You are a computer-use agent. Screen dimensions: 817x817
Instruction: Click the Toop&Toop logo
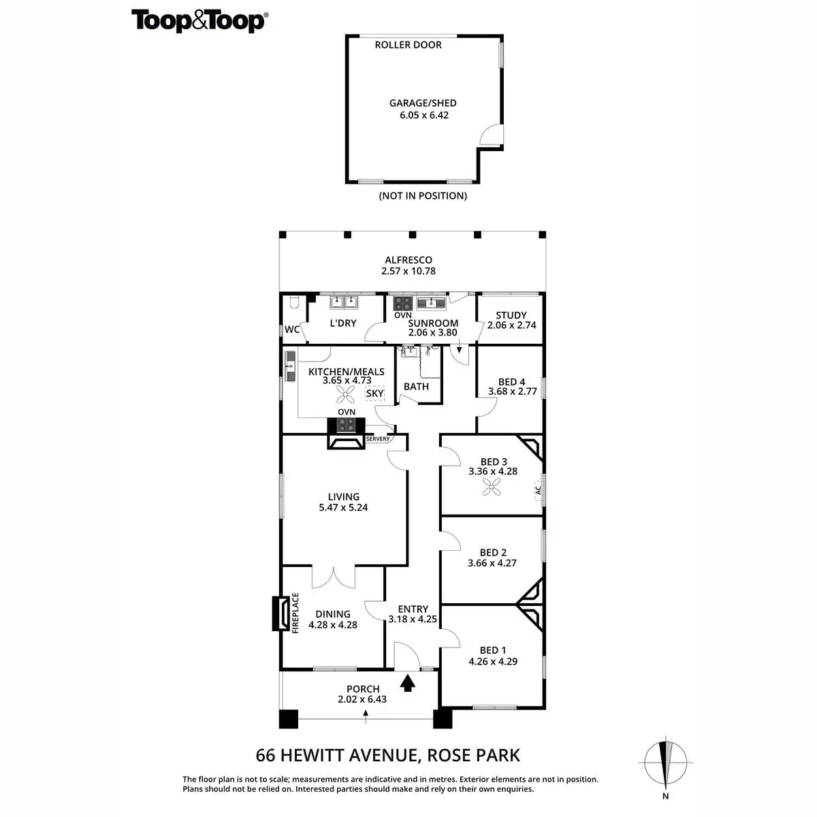[199, 21]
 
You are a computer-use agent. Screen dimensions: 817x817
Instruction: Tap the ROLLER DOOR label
[408, 45]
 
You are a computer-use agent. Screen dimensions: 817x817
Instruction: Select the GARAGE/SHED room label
[423, 103]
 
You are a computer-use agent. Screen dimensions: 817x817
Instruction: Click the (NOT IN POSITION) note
[423, 196]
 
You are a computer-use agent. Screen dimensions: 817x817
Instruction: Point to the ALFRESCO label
[408, 260]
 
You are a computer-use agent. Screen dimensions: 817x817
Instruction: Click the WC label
[292, 330]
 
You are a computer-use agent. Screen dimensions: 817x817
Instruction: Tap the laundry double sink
[344, 302]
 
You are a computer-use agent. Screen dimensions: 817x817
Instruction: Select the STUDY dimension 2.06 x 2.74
[511, 325]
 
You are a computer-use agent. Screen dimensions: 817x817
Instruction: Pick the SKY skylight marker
[375, 394]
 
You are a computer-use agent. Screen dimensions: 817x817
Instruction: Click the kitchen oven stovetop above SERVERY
[347, 425]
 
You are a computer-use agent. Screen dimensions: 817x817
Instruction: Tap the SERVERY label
[378, 439]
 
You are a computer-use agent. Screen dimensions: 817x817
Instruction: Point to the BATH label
[416, 387]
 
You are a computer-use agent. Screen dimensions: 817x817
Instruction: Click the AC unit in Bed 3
[538, 489]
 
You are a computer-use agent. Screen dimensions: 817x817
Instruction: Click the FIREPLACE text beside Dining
[295, 613]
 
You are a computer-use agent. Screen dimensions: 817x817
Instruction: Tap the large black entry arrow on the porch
[408, 682]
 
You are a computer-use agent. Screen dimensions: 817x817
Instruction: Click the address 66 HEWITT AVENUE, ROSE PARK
[387, 755]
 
